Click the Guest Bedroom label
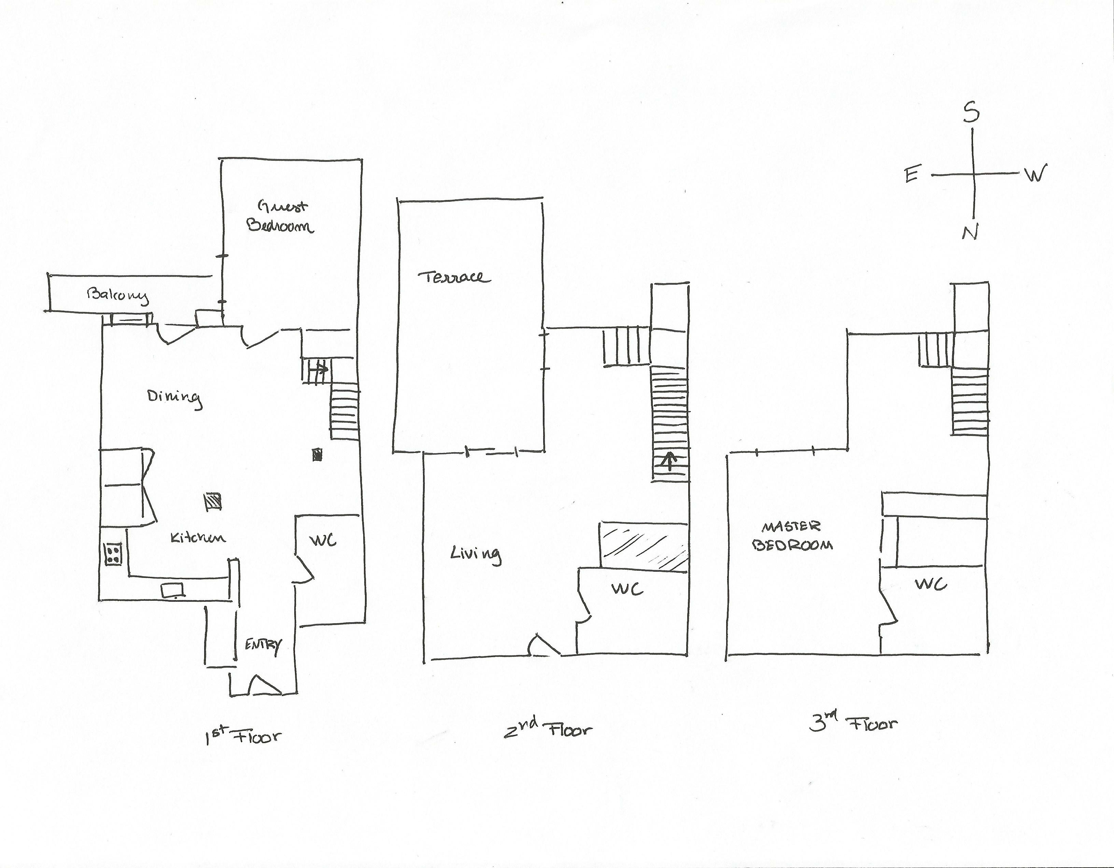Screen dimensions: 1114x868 281,216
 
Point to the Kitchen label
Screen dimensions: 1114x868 198,538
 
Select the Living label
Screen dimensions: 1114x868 475,554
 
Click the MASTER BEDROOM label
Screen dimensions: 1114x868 792,536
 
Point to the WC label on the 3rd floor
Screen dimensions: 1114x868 931,584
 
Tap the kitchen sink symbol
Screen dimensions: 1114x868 173,590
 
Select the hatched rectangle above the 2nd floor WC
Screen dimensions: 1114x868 644,546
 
